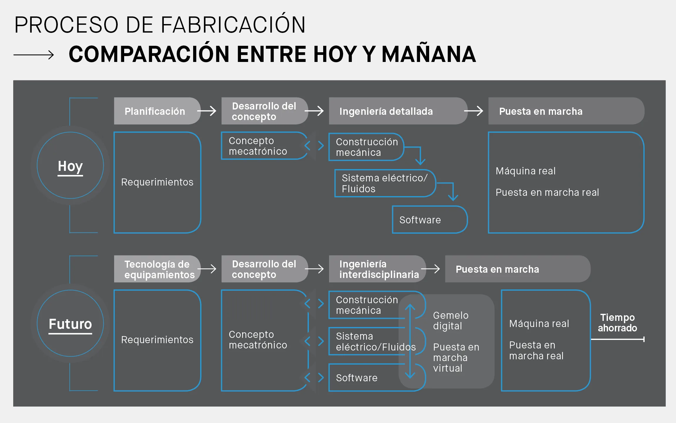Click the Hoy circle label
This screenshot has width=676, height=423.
pyautogui.click(x=70, y=166)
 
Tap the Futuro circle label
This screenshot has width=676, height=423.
pyautogui.click(x=70, y=324)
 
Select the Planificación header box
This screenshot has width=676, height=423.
pyautogui.click(x=157, y=111)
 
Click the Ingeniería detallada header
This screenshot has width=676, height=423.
pyautogui.click(x=398, y=111)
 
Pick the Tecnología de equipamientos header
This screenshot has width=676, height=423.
pyautogui.click(x=157, y=269)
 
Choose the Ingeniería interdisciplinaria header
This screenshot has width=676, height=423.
pyautogui.click(x=377, y=269)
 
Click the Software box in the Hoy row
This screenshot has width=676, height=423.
pyautogui.click(x=430, y=220)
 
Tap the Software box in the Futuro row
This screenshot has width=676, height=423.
pyautogui.click(x=377, y=378)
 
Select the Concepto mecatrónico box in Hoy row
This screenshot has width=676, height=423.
pyautogui.click(x=264, y=146)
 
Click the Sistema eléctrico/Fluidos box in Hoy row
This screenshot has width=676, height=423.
pyautogui.click(x=385, y=183)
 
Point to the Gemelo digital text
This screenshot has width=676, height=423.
pyautogui.click(x=451, y=321)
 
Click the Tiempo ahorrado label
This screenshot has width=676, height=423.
pyautogui.click(x=618, y=323)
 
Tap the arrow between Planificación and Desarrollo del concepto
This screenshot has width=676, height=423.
pyautogui.click(x=207, y=111)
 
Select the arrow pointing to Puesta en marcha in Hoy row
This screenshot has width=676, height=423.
pyautogui.click(x=473, y=111)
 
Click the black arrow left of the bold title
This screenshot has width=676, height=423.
pyautogui.click(x=34, y=55)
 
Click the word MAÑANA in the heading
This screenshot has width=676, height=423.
pyautogui.click(x=429, y=54)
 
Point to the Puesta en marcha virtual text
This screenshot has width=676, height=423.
pyautogui.click(x=456, y=358)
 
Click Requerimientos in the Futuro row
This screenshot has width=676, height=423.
pyautogui.click(x=157, y=340)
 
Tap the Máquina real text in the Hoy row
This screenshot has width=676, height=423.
pyautogui.click(x=525, y=171)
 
